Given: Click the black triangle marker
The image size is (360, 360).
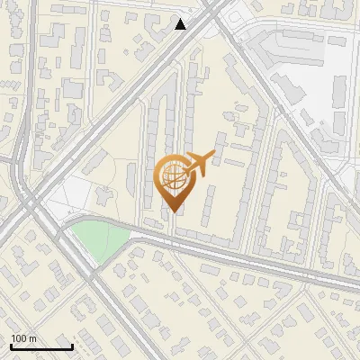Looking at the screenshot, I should point(181,24).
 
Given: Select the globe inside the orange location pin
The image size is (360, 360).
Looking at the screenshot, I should point(171,176).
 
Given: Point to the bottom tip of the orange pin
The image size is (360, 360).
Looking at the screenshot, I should point(172,211).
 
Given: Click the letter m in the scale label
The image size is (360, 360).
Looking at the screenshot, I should point(34,338).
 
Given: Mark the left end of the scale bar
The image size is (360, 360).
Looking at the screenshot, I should point(11,346).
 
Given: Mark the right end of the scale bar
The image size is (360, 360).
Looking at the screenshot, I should point(72,346).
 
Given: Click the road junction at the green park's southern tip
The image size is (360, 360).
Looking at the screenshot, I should point(94,270).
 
